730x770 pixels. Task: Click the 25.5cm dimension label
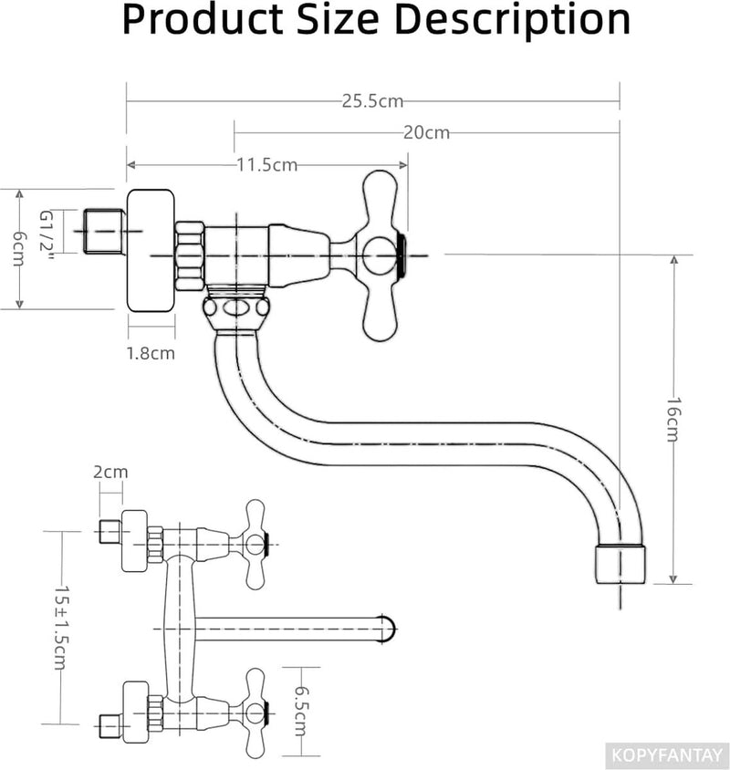(372, 101)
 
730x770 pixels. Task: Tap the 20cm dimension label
(426, 132)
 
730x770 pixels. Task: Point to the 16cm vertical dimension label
(673, 419)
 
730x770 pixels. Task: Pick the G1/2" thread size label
(47, 232)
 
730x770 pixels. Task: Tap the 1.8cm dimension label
(151, 352)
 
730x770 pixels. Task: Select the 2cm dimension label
(110, 472)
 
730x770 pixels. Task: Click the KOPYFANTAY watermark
(668, 755)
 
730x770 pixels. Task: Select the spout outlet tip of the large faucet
(620, 565)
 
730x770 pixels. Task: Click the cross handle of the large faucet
(383, 255)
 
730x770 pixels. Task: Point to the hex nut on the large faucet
(190, 255)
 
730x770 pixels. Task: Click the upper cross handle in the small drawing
(255, 544)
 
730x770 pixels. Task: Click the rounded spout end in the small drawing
(389, 628)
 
